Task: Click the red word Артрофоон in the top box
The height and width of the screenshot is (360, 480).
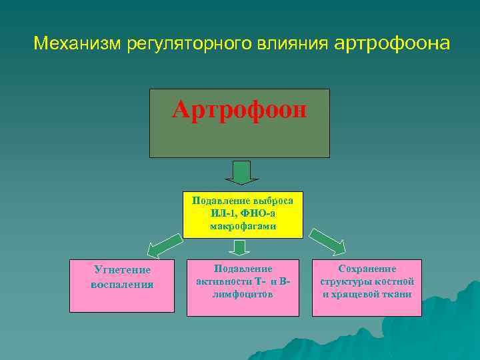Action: [239, 109]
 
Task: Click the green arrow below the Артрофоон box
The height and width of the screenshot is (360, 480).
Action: [241, 172]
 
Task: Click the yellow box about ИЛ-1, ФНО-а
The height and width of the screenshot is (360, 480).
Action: [243, 214]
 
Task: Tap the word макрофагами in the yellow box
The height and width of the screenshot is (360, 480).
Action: [243, 227]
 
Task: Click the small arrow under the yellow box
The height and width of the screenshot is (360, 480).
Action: [239, 248]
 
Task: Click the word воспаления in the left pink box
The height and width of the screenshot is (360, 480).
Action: [122, 284]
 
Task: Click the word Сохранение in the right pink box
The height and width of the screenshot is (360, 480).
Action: [367, 269]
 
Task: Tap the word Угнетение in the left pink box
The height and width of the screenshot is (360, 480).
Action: [122, 270]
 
